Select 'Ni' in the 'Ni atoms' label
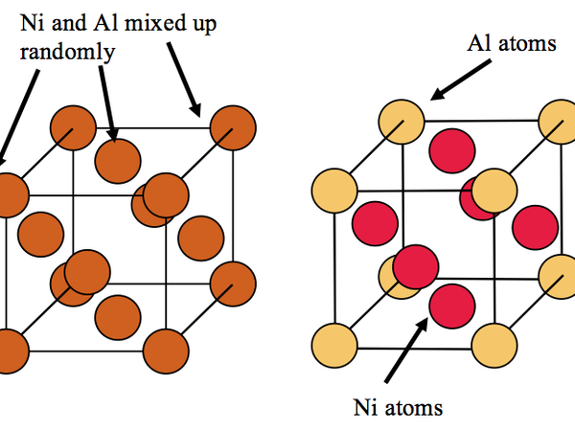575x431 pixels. coord(367,408)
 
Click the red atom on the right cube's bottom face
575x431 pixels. coord(451,305)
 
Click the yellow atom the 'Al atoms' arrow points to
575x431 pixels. coord(402,122)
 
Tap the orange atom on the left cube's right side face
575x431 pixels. coord(200,237)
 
